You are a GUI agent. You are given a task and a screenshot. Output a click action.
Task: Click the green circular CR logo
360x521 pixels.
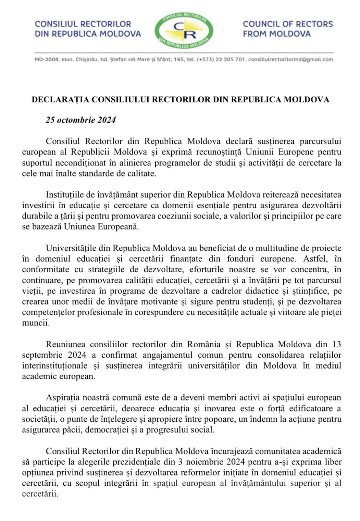tap(184, 30)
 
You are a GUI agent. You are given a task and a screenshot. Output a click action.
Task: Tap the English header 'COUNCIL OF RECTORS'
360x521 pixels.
tap(288, 24)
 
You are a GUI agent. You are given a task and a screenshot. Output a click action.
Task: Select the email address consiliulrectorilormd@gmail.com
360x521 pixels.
tap(290, 59)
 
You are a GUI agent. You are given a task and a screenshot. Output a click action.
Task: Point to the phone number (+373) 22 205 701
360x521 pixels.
tap(221, 59)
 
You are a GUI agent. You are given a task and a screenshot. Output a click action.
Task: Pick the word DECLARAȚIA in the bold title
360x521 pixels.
tap(61, 100)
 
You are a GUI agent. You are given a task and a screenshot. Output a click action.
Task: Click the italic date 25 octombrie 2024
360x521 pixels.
tap(81, 120)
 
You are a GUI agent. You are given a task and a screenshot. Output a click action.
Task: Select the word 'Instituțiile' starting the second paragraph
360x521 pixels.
tap(64, 195)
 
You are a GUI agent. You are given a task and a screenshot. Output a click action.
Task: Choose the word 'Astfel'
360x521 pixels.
tap(306, 259)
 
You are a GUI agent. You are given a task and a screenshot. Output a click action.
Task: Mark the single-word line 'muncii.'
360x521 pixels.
tap(36, 323)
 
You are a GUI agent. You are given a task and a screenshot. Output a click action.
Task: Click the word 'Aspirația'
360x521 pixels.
tap(63, 398)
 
